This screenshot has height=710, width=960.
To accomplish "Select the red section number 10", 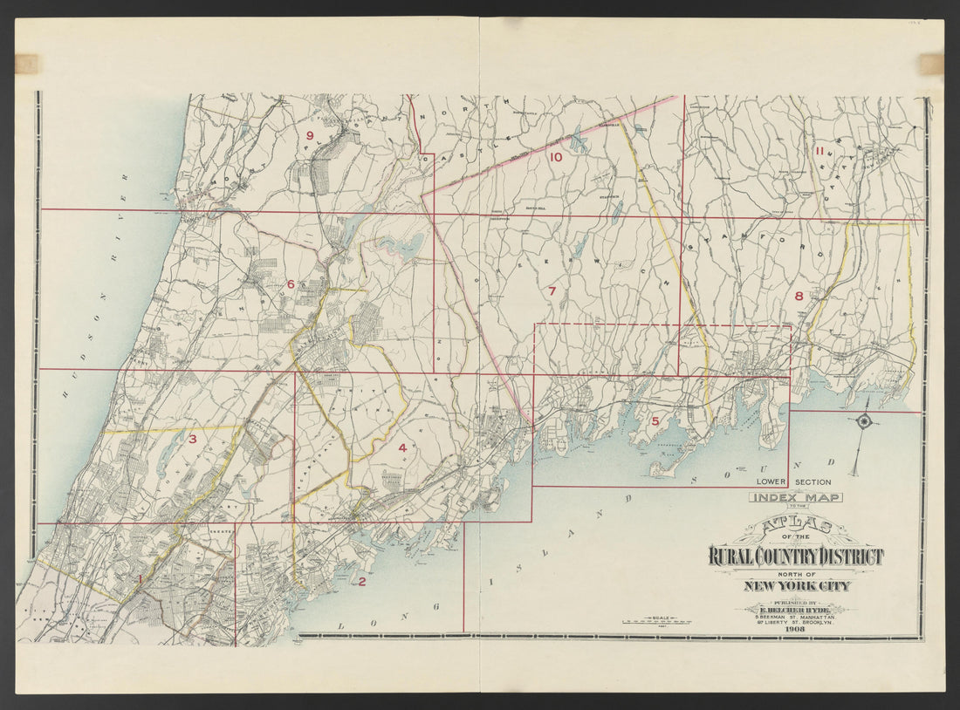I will point(556,157).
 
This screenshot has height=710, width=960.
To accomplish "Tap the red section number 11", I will point(819,151).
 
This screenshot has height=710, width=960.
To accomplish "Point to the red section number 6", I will point(291,283).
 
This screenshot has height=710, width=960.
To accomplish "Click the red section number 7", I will point(552,291).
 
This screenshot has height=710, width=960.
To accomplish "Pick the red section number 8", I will point(799,296).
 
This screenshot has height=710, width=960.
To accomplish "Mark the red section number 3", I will point(192,439).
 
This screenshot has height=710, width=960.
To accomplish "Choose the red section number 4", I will point(401,447).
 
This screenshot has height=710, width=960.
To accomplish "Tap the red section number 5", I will point(655,421).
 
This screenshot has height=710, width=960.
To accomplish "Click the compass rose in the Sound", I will point(863,422).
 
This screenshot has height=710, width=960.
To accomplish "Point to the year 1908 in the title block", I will point(795,628).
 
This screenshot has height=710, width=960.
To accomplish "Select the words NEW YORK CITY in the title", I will point(796,585).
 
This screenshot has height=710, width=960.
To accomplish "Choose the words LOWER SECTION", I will point(793,481).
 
